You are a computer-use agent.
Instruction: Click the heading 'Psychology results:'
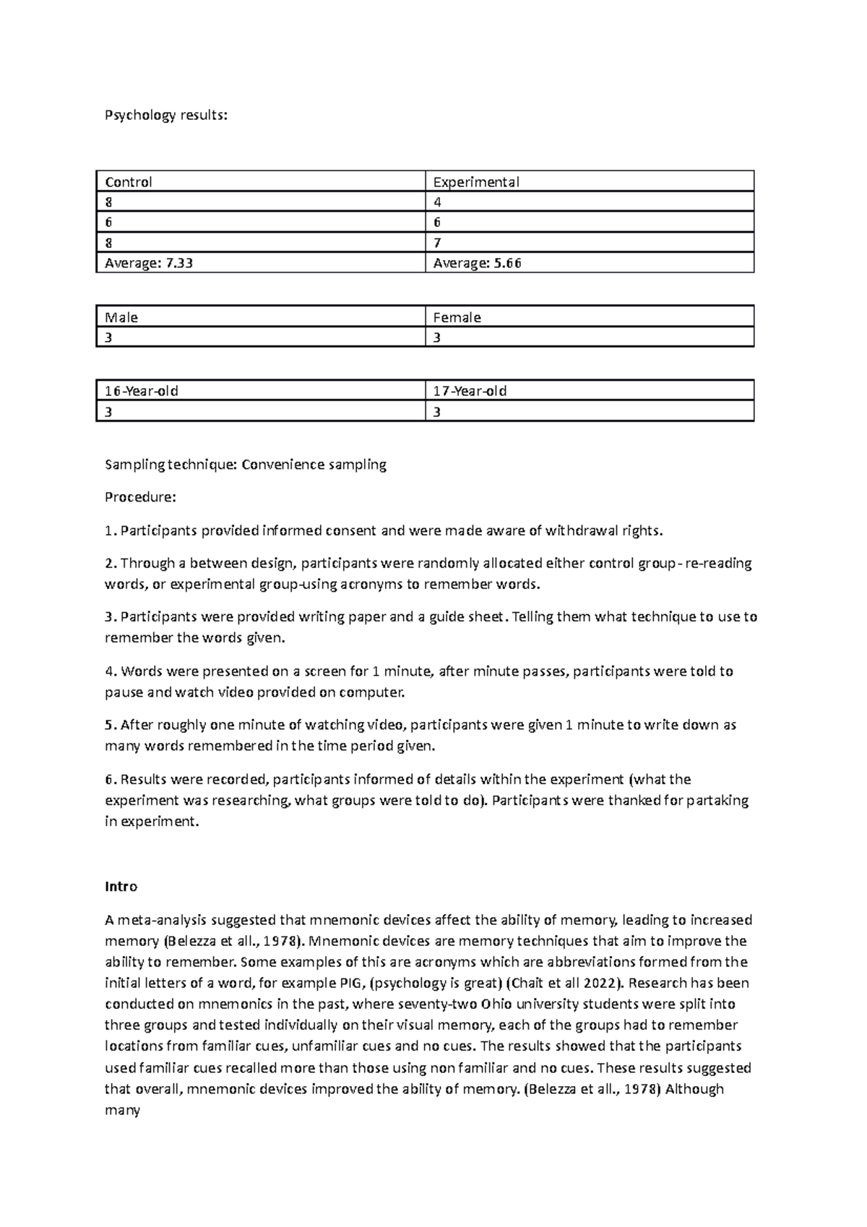pos(165,115)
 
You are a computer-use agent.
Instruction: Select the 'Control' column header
pos(129,181)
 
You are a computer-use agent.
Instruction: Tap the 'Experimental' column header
pos(475,181)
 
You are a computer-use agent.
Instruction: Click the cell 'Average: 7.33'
pos(149,263)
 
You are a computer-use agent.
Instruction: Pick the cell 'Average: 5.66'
pos(477,263)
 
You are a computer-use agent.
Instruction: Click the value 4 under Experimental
pos(437,202)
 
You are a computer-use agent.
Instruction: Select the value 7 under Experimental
pos(437,243)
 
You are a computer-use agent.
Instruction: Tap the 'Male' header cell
pos(121,317)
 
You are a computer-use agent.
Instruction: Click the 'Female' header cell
pos(457,317)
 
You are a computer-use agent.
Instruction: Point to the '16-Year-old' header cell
pos(142,391)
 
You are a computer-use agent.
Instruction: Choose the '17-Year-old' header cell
pos(470,391)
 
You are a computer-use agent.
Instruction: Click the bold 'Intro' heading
pos(121,887)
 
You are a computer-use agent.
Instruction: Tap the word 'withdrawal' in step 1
pos(574,531)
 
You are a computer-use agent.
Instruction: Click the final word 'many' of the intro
pos(122,1110)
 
